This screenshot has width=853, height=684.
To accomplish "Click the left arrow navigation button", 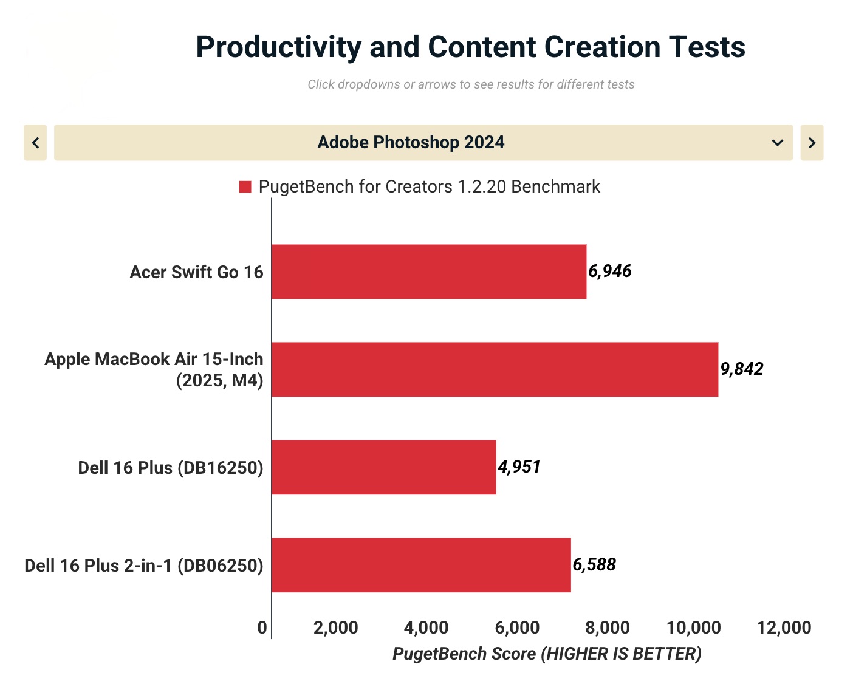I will pyautogui.click(x=35, y=143).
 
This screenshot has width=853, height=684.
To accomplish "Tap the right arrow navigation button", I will pyautogui.click(x=812, y=143).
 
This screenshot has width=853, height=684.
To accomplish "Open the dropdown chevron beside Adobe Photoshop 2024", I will pyautogui.click(x=777, y=143).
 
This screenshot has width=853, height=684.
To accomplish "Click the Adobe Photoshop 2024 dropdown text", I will pyautogui.click(x=411, y=142).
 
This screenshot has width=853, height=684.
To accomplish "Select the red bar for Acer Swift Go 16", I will pyautogui.click(x=429, y=272).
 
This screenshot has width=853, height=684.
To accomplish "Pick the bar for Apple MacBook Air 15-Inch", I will pyautogui.click(x=495, y=369).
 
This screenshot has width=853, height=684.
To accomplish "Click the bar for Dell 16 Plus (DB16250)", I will pyautogui.click(x=383, y=467).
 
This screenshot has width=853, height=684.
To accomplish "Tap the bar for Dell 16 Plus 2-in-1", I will pyautogui.click(x=421, y=565).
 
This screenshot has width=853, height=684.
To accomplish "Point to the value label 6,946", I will pyautogui.click(x=609, y=271).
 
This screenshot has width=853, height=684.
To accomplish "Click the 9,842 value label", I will pyautogui.click(x=742, y=369).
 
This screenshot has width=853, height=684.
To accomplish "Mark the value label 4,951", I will pyautogui.click(x=519, y=467).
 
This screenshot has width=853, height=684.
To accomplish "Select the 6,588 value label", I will pyautogui.click(x=594, y=564).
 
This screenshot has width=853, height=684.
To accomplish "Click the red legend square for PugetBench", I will pyautogui.click(x=245, y=186).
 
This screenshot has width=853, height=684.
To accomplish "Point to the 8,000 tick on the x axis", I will pyautogui.click(x=608, y=628).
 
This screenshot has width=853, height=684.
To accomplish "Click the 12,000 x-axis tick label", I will pyautogui.click(x=784, y=628).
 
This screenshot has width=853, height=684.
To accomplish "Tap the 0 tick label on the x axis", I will pyautogui.click(x=262, y=628).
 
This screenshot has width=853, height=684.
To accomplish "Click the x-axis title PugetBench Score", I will pyautogui.click(x=547, y=654).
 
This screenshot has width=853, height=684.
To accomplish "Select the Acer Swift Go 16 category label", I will pyautogui.click(x=196, y=272).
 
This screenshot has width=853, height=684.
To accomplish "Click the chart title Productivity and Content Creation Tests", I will pyautogui.click(x=470, y=47).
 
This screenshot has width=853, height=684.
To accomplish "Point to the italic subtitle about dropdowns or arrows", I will pyautogui.click(x=471, y=84).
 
